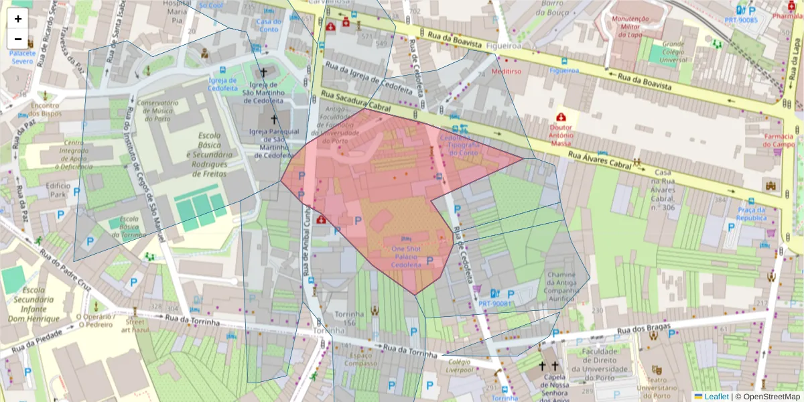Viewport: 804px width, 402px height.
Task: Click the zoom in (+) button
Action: pos(18,19)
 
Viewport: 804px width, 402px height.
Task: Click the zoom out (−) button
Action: pos(18,39)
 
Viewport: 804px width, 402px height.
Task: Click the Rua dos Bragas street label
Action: pos(643,330)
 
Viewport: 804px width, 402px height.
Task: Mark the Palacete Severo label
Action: pos(22,57)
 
